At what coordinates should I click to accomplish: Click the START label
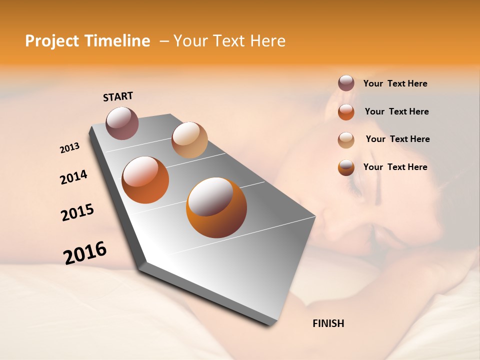[x=118, y=96]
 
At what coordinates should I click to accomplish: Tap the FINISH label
[x=328, y=323]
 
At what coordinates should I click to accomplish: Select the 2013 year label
[x=69, y=148]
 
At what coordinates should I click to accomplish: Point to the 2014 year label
[x=73, y=177]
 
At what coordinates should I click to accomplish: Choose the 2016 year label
[x=85, y=253]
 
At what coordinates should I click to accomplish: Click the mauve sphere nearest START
[x=122, y=123]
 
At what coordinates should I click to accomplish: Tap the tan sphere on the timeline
[x=189, y=140]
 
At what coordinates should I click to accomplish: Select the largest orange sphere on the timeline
[x=216, y=207]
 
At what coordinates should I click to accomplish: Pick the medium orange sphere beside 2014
[x=145, y=180]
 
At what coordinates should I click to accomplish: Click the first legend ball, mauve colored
[x=346, y=83]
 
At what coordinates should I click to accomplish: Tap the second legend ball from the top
[x=346, y=112]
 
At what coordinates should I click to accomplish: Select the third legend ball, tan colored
[x=346, y=140]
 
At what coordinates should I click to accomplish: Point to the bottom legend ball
[x=346, y=167]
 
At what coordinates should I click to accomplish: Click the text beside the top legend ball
[x=395, y=83]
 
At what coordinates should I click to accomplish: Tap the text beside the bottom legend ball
[x=395, y=167]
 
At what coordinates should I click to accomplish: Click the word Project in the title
[x=52, y=41]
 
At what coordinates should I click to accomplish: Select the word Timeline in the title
[x=117, y=41]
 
